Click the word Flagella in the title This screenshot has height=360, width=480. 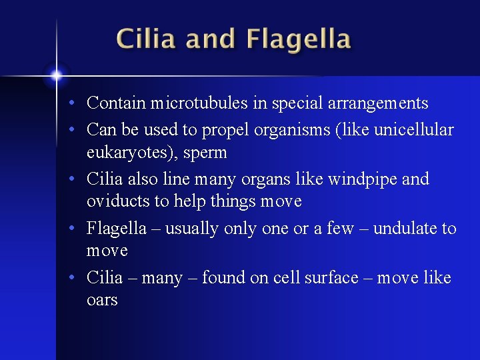coord(298,39)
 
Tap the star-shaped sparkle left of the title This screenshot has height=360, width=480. coord(57,75)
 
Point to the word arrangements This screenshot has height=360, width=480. coord(378,103)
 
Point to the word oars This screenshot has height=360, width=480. coord(102,300)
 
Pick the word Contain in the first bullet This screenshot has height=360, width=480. coord(116,103)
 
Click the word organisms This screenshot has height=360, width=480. coord(291,129)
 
